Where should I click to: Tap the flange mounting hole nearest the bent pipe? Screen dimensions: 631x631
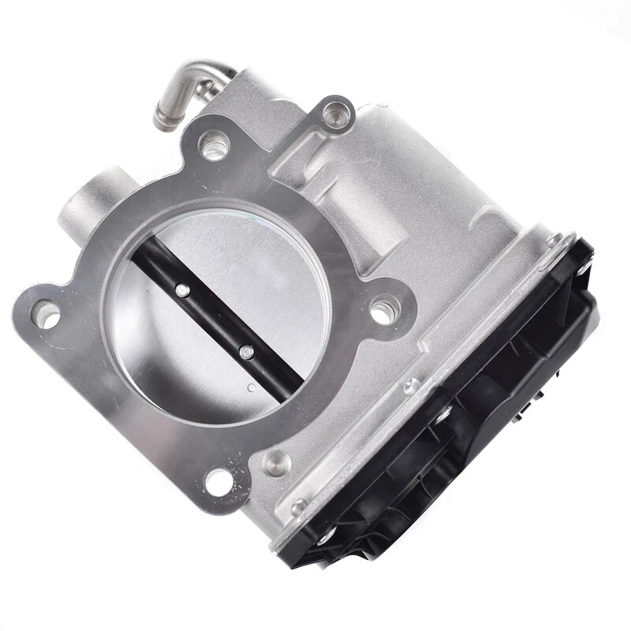214,146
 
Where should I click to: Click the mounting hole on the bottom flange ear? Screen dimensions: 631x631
217,479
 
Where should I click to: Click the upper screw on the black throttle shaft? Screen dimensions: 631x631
182,290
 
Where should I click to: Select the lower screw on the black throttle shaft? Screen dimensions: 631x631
246,352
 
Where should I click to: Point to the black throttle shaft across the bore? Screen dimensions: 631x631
213,319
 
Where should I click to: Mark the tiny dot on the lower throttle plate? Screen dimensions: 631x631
249,387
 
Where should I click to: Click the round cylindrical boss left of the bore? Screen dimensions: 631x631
91,201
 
